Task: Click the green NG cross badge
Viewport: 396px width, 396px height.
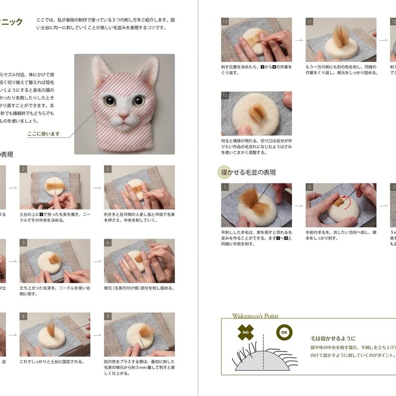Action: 246,332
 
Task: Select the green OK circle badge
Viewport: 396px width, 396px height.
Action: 284,332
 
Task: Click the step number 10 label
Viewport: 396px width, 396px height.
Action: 225,22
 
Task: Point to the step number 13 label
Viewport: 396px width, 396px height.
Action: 225,95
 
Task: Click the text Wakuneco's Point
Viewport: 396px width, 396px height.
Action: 255,316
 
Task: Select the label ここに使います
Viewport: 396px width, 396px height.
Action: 44,134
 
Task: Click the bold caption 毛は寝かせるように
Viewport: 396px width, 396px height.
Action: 333,339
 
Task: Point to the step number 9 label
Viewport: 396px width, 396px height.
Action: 107,316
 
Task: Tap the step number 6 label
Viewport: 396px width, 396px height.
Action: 107,243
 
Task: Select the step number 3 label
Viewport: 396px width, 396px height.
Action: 107,169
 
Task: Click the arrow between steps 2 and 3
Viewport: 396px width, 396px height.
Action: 97,188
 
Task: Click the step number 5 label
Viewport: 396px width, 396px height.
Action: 23,243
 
